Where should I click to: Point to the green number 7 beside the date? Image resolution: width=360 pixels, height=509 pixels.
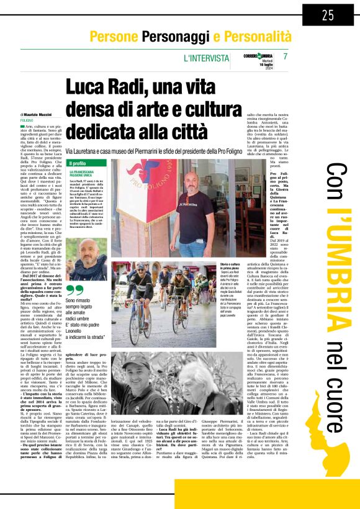click(x=285, y=56)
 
